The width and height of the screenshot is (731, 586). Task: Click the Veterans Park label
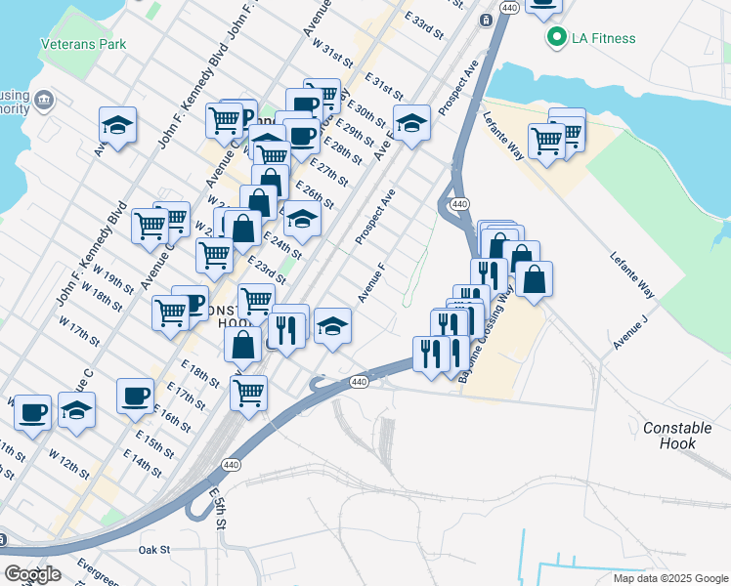click(x=84, y=44)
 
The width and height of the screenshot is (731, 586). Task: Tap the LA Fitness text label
click(x=604, y=38)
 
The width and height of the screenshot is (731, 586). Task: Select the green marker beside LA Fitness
click(x=558, y=38)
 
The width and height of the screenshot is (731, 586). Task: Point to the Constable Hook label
click(x=683, y=436)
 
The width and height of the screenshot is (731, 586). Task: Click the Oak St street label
click(x=154, y=550)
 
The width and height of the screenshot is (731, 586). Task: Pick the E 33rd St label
click(x=424, y=25)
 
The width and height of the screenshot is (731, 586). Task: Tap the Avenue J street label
click(x=630, y=333)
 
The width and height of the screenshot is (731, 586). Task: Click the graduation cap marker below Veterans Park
click(x=117, y=126)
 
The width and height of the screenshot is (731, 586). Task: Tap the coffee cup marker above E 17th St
click(x=136, y=396)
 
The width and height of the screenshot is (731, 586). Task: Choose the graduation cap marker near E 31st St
click(x=412, y=124)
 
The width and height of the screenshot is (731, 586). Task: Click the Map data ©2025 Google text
click(x=670, y=578)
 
